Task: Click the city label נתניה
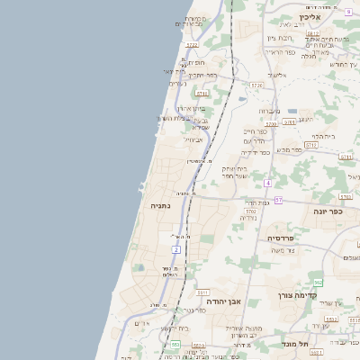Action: (x=150, y=206)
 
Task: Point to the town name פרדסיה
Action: (x=285, y=238)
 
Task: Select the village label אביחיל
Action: (x=194, y=139)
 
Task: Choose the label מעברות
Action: (x=270, y=111)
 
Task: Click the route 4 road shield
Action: (x=267, y=183)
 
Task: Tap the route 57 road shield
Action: (x=279, y=200)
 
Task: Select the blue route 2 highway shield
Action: (x=176, y=249)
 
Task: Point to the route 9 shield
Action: (x=347, y=12)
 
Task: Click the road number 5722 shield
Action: (x=191, y=44)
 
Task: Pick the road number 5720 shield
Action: (x=256, y=85)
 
